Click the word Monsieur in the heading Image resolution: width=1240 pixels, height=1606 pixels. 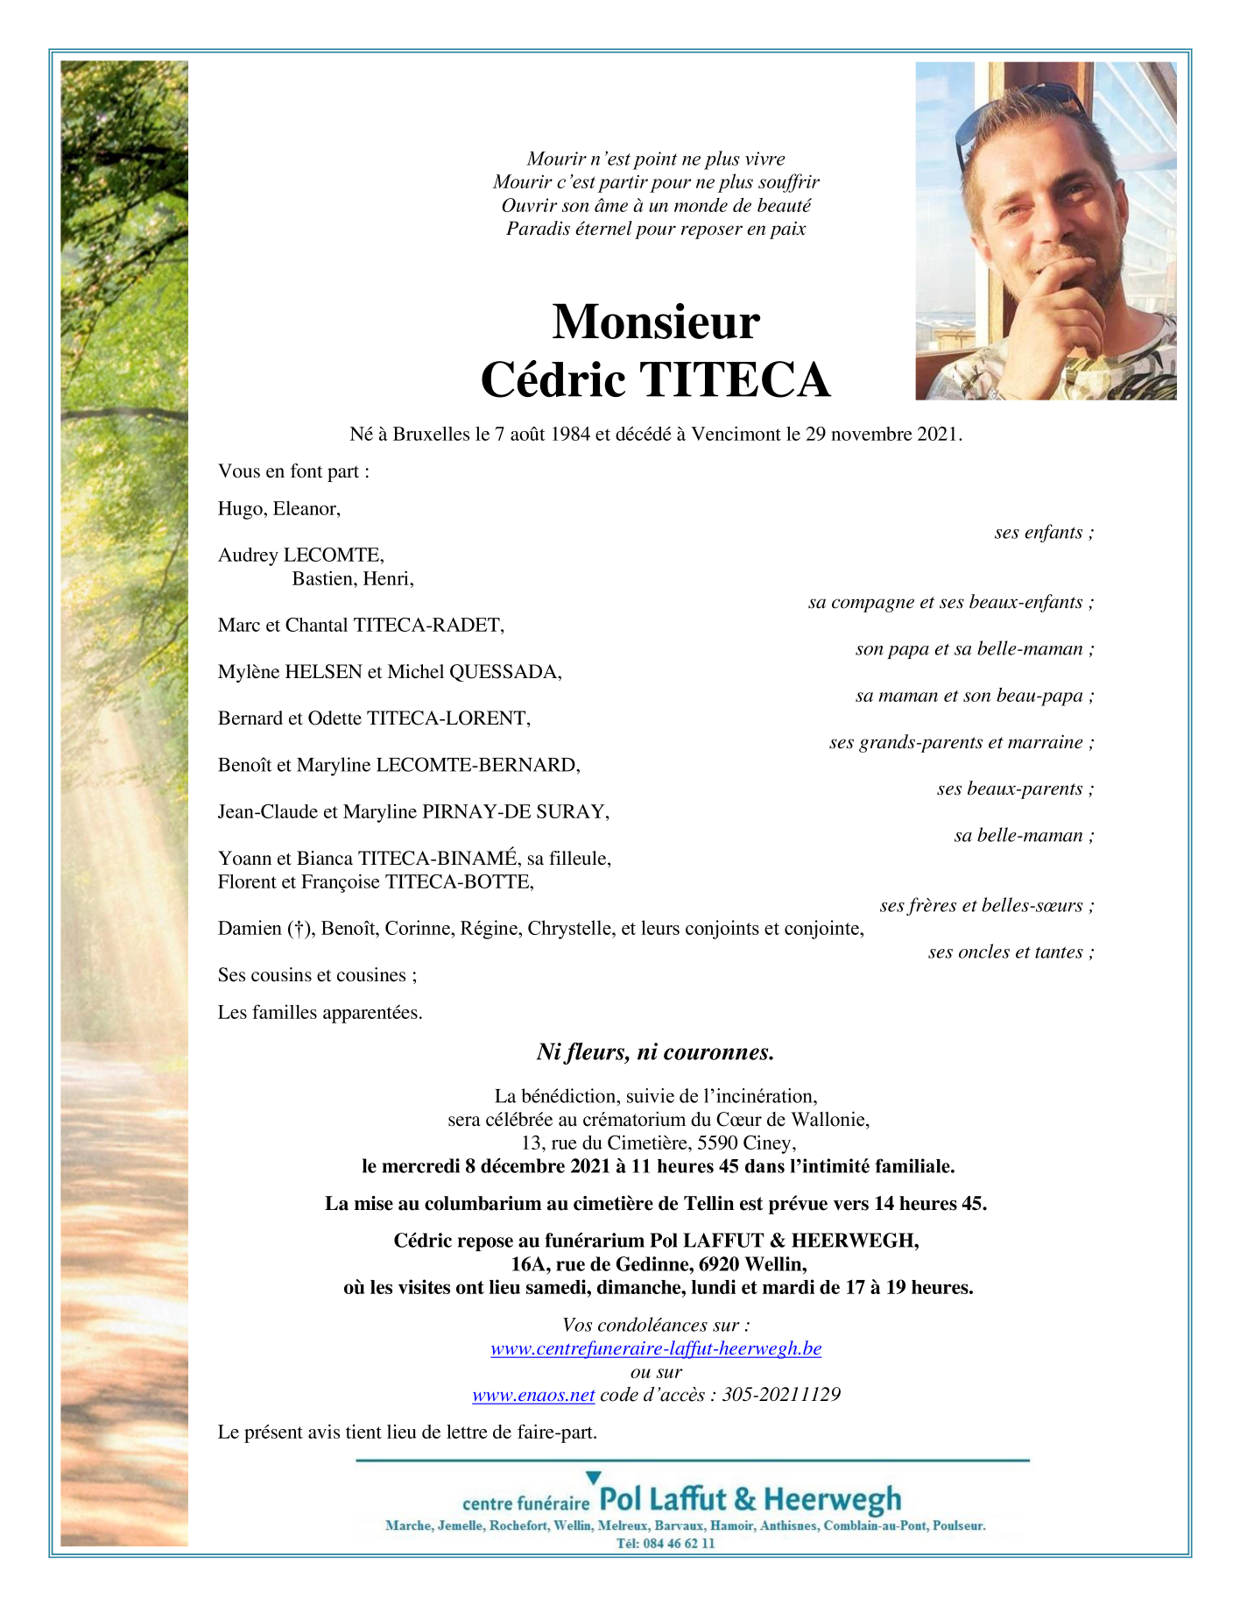coord(655,322)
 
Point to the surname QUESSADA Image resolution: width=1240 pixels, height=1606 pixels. coord(504,672)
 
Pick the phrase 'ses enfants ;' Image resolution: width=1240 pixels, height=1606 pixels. coord(1044,533)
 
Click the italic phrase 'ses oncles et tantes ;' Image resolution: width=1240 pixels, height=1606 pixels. coord(1011,952)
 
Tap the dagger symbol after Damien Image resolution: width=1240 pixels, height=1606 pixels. coord(299,929)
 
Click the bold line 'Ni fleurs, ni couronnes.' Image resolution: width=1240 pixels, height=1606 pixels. coord(655,1052)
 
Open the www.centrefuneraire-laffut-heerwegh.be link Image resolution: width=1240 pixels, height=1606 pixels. coord(656,1348)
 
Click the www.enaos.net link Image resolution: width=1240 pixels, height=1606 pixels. coord(533,1395)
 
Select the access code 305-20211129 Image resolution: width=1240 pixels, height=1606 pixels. coord(781,1395)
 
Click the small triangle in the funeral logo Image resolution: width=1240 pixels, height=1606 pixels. coord(593,1479)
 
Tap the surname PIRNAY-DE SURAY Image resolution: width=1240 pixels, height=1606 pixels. coord(514,812)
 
